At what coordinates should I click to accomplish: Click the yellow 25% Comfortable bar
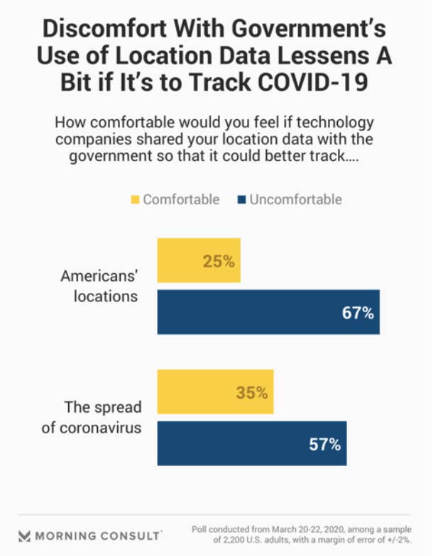coord(198,261)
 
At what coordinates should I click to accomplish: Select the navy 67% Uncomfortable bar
coord(268,312)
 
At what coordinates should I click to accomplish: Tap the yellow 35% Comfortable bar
coord(215,392)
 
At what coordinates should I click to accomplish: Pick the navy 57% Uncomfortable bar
coord(252,444)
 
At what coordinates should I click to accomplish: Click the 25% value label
coord(218,262)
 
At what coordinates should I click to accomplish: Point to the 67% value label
coord(358,313)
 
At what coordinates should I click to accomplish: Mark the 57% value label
coord(325,445)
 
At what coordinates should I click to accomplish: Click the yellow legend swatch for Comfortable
coord(134,199)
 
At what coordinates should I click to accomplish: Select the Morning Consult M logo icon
coord(25,535)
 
